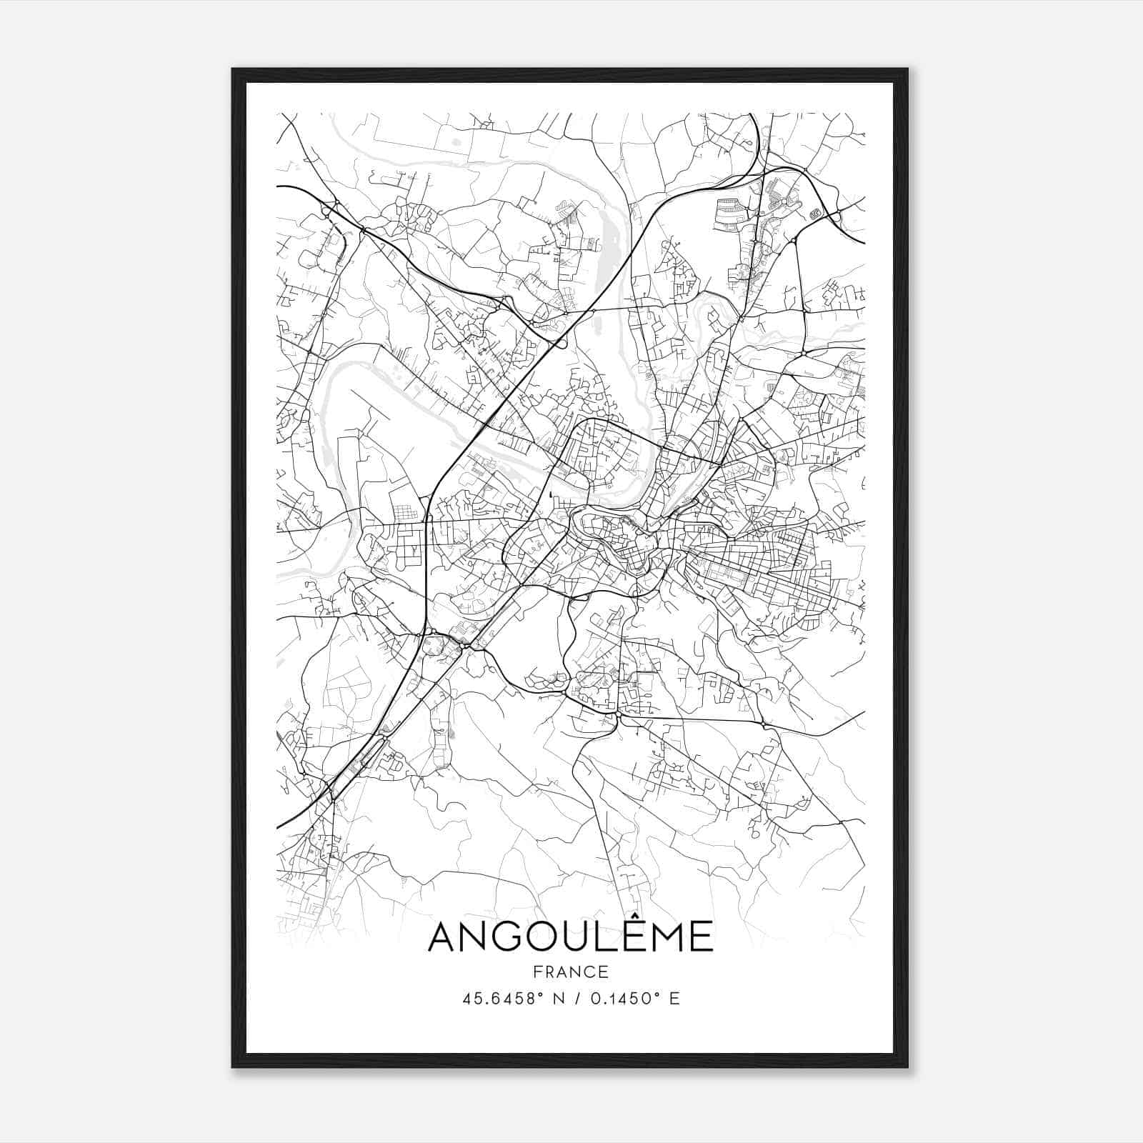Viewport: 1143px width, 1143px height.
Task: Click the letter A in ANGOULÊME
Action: click(444, 937)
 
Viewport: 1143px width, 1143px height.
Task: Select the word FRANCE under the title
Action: click(571, 972)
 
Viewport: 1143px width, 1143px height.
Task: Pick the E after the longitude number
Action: click(674, 999)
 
